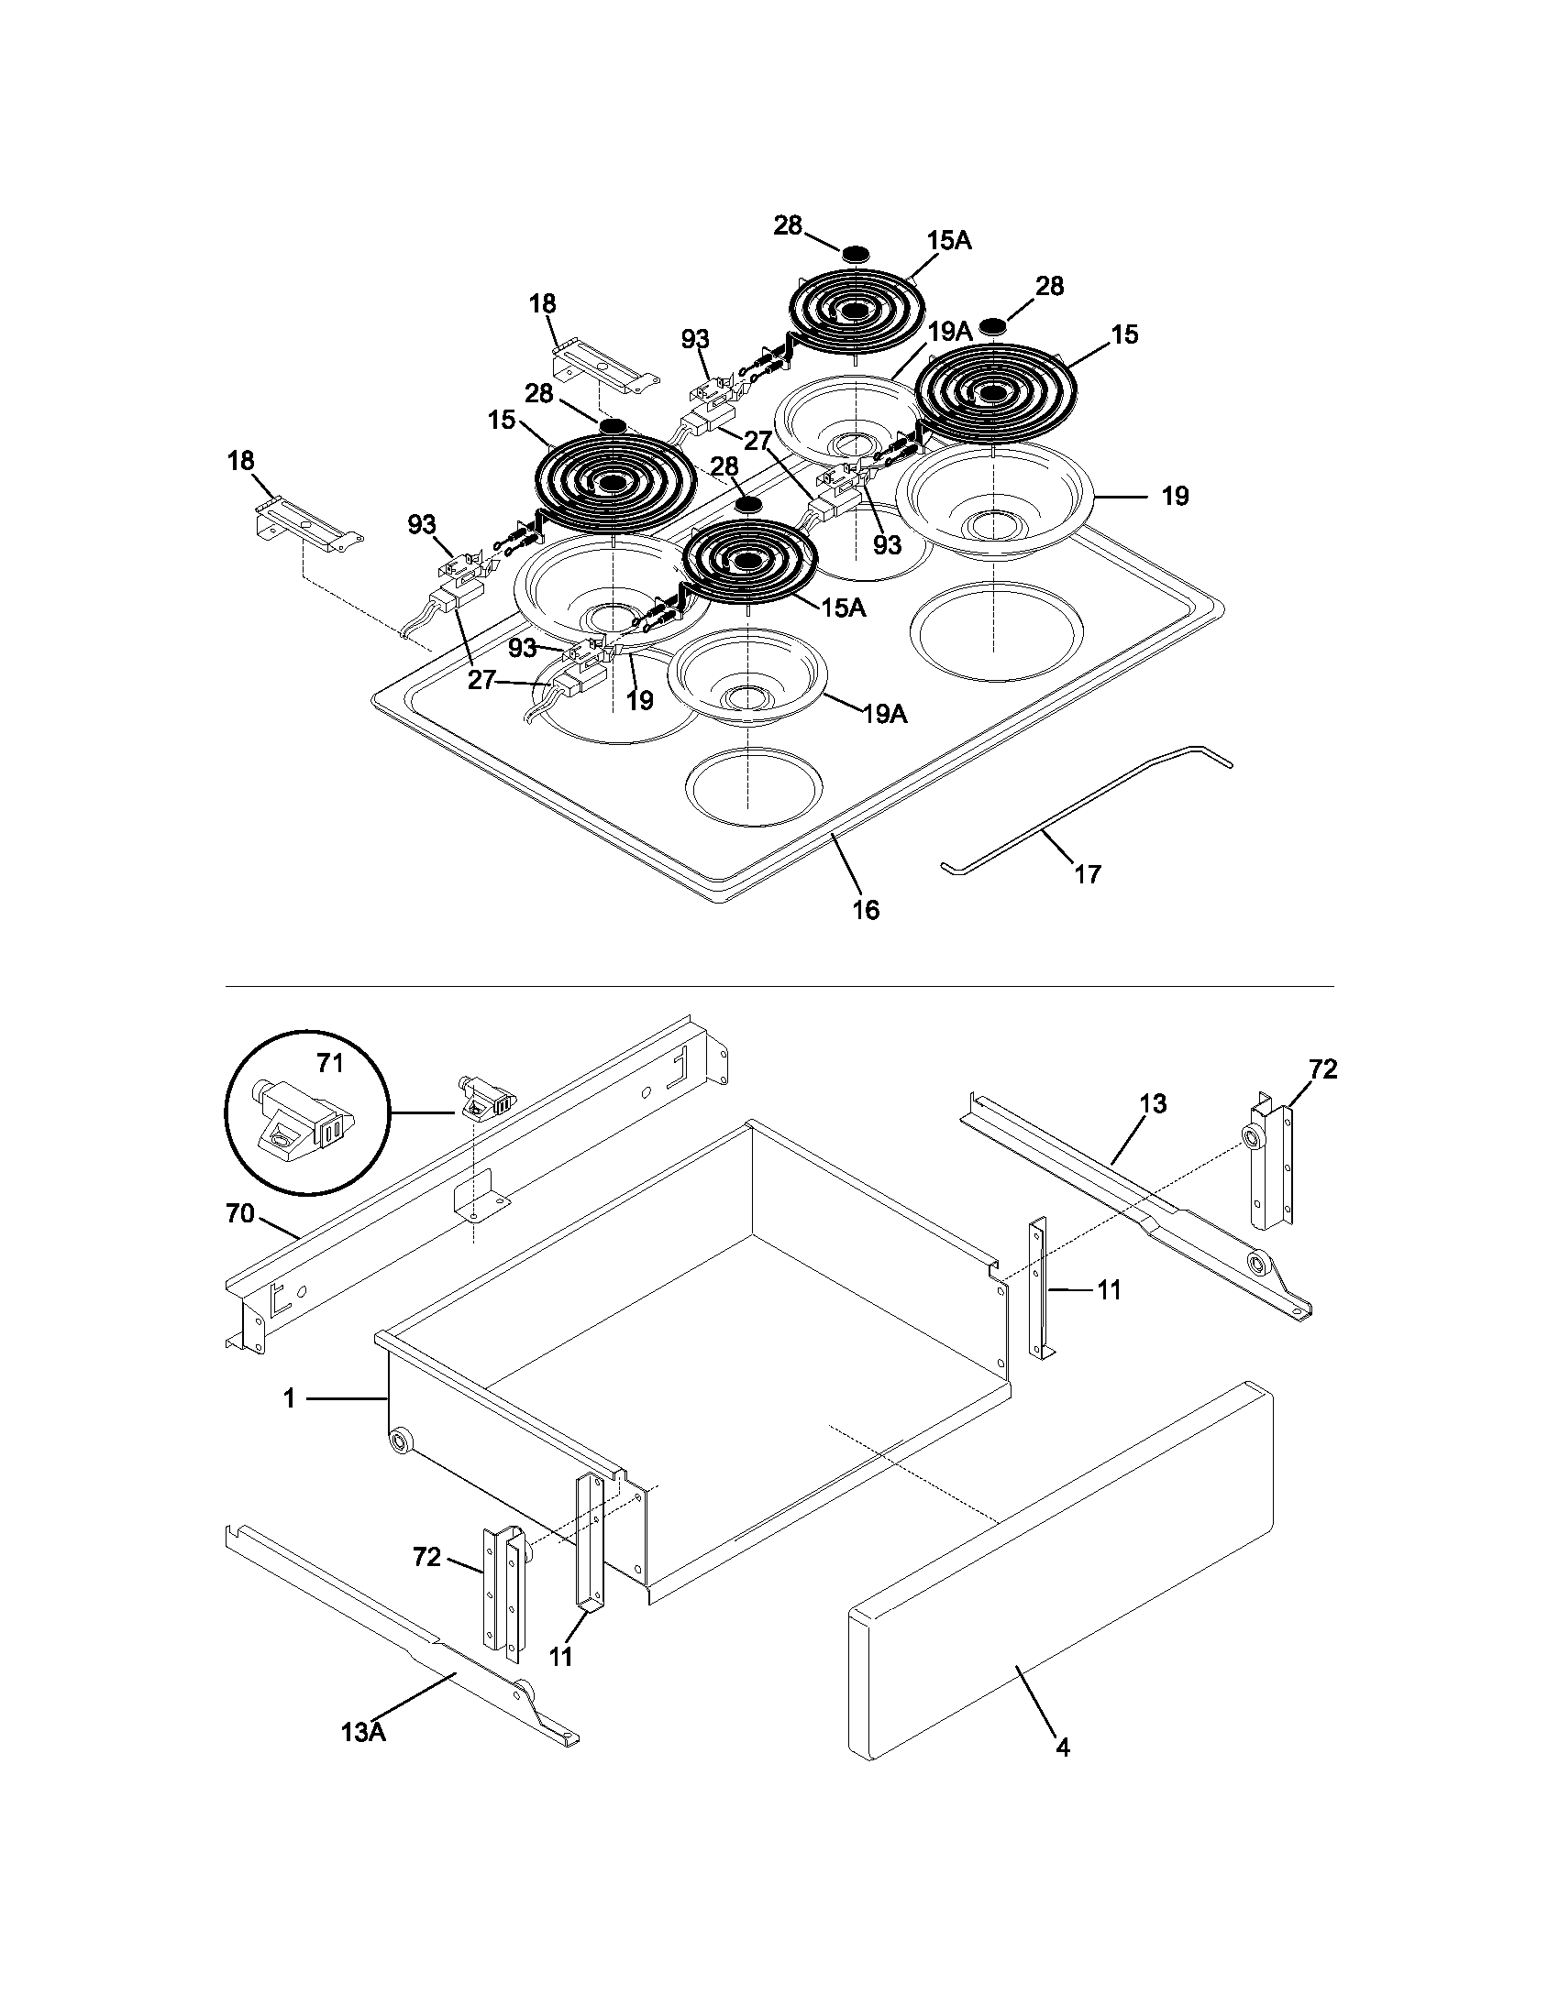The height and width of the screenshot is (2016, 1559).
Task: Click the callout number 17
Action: tap(1088, 873)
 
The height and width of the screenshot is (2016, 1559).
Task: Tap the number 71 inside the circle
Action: tap(330, 1063)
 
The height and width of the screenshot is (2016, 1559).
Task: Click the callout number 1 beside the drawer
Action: tap(289, 1400)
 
